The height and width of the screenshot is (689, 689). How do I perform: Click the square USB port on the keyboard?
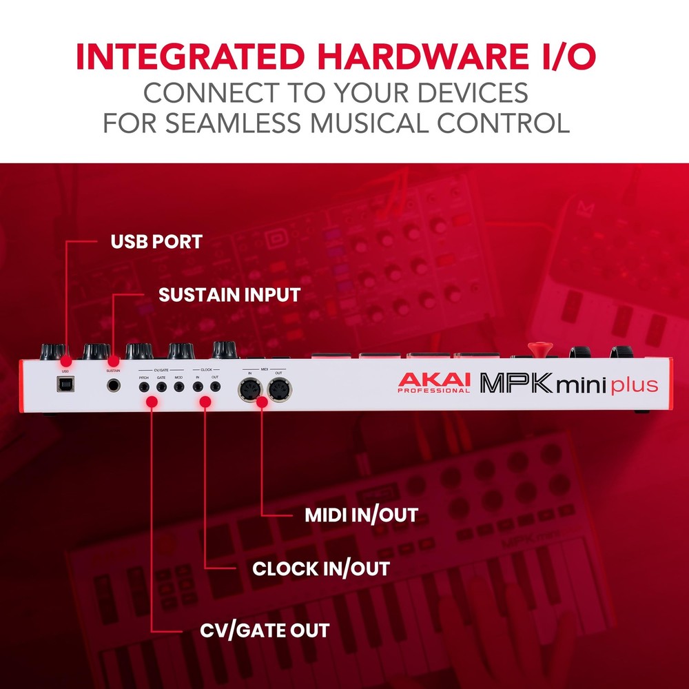65,386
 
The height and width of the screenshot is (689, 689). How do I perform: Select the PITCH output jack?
144,388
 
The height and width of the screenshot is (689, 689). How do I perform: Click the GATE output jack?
161,388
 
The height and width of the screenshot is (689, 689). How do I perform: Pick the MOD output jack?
178,388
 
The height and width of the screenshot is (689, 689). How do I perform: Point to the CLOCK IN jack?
197,388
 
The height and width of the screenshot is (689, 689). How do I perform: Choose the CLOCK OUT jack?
215,388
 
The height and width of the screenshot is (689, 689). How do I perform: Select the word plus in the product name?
635,384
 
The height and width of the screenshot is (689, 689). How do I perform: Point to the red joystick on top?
537,348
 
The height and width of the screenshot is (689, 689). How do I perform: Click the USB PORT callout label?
157,242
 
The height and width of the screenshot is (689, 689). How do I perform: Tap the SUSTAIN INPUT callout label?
229,295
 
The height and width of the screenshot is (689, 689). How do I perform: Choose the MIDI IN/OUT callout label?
361,515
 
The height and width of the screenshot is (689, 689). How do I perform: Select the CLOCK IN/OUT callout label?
321,569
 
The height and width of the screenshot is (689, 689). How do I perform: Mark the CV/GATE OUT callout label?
265,630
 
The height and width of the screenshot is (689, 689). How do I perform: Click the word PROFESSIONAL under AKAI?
433,391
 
